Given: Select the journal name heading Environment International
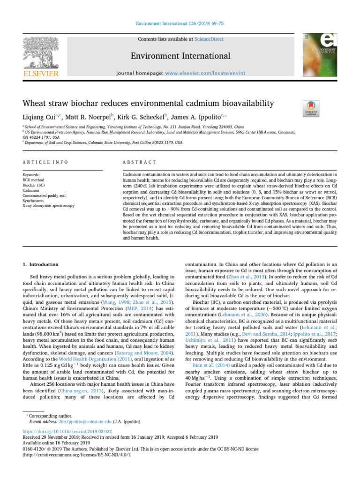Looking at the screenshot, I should tap(180, 56).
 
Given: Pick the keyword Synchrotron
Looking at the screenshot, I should tap(32, 201).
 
